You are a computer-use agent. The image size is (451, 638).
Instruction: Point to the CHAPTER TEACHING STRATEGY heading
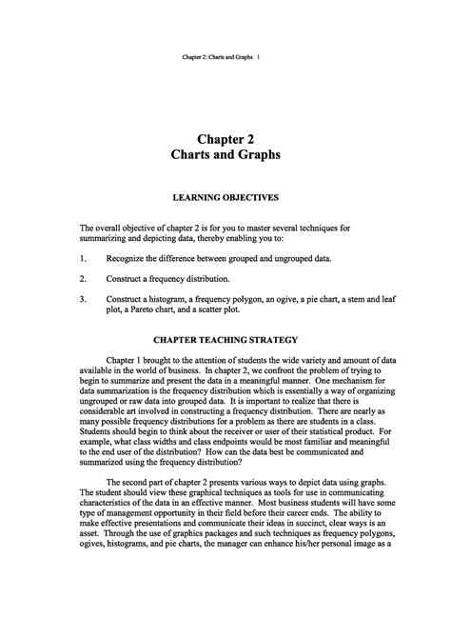pos(225,340)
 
